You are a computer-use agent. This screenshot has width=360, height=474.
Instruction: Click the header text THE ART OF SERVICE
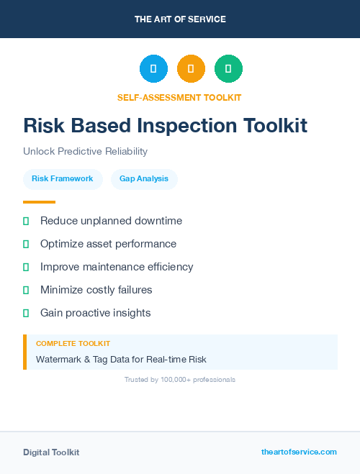coord(180,19)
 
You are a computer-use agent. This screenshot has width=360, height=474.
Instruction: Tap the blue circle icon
coord(153,69)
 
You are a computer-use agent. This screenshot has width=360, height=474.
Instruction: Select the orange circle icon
coord(191,69)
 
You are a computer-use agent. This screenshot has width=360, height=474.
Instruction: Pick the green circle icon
coord(228,69)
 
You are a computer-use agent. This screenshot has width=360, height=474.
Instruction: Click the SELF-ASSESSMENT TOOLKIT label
coord(179,97)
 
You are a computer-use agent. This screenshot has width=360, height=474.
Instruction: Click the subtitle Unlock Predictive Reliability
coord(85,152)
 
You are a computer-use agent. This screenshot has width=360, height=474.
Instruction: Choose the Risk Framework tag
coord(63,178)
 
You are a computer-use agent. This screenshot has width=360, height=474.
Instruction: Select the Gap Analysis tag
coord(144,178)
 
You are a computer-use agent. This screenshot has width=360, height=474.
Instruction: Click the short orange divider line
coord(39,202)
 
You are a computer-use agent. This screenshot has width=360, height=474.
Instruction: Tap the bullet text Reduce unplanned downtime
coord(111,221)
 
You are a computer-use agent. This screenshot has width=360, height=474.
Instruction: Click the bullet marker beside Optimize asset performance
coord(26,245)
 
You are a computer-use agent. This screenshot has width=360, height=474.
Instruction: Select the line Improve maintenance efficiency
coord(117,267)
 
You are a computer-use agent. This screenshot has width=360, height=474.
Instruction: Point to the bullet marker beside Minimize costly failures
coord(26,291)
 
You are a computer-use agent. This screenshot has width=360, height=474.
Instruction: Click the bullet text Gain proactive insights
coord(96,313)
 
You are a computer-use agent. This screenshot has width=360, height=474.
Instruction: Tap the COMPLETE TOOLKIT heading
coord(73,344)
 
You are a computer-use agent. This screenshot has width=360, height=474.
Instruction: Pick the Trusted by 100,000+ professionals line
coord(180,379)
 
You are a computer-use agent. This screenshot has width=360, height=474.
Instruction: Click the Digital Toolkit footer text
coord(51,452)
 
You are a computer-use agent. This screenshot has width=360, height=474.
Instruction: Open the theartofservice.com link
coord(299,452)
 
